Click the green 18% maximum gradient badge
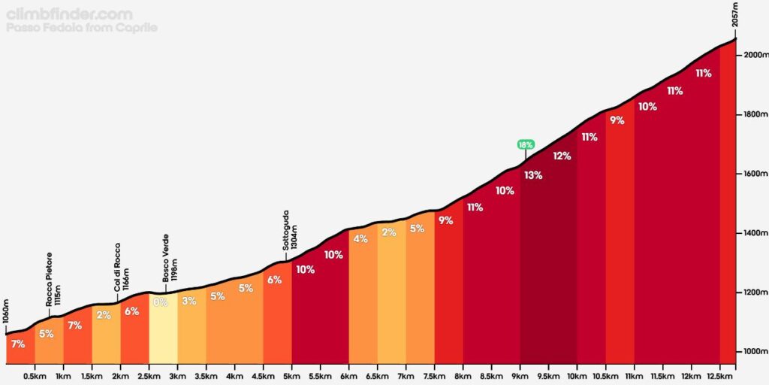525,144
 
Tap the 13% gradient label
533,174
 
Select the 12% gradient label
562,156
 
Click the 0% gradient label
161,302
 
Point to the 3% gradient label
189,302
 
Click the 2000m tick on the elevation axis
752,54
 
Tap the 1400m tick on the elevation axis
752,233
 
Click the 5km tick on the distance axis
292,377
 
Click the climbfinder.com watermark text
69,14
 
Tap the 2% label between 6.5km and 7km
389,233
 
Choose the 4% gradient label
360,239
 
